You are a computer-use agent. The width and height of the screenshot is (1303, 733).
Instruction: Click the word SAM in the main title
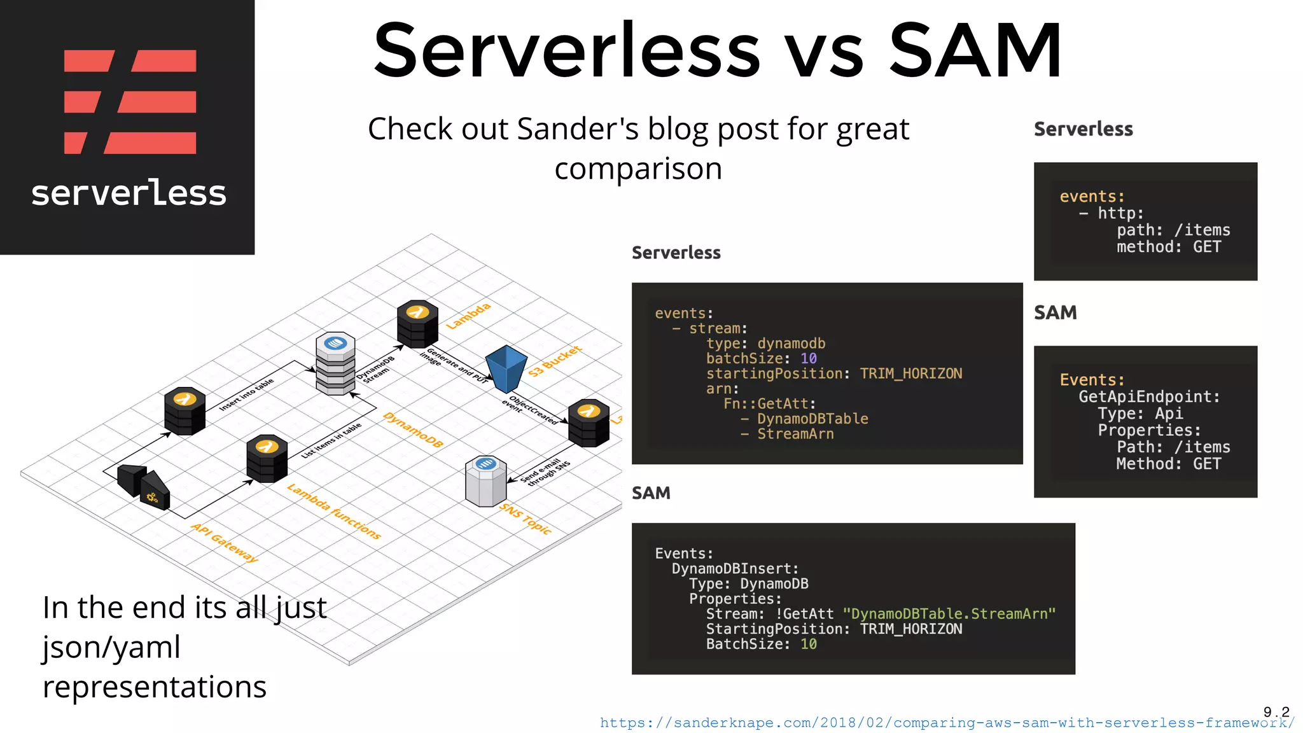point(975,51)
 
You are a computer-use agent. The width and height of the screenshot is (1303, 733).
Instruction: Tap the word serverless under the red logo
point(129,193)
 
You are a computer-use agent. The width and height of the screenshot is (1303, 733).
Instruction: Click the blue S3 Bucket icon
point(506,369)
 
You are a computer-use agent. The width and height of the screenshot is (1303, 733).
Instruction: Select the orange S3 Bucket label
point(555,361)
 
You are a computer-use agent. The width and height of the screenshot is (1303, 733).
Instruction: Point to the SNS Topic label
point(526,519)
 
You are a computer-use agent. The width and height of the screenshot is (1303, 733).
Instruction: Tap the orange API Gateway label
point(225,543)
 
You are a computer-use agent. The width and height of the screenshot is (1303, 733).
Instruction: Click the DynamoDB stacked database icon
point(335,363)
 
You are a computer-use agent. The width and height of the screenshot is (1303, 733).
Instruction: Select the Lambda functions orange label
point(334,512)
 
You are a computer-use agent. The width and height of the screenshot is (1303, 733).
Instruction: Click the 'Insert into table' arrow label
point(246,394)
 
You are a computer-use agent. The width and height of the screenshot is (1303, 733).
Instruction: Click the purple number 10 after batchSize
point(808,359)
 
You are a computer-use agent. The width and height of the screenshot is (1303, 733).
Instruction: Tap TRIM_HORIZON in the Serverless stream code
point(910,373)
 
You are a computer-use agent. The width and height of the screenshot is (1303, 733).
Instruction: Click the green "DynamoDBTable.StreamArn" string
point(949,614)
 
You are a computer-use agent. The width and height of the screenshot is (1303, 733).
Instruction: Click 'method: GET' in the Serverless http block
point(1168,247)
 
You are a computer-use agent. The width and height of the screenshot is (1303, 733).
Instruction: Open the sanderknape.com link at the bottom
point(947,723)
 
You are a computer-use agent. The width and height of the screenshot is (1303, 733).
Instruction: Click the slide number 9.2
point(1276,711)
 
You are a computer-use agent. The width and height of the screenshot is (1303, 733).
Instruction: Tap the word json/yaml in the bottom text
point(112,647)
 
